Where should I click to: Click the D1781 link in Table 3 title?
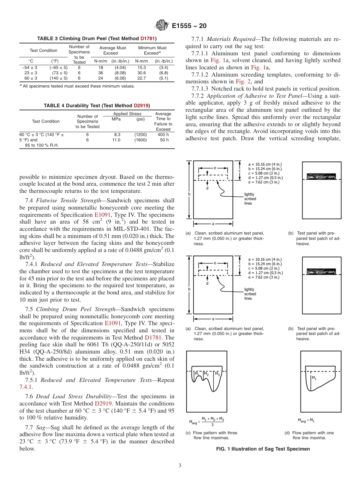tap(148, 39)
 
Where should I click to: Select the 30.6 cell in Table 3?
tap(141, 73)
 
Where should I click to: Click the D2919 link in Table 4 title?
tap(141, 105)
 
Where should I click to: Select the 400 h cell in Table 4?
tap(163, 135)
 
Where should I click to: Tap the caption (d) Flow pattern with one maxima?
tap(309, 435)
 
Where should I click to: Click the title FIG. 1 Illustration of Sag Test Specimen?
tap(263, 449)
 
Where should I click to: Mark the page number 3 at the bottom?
tap(180, 466)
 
